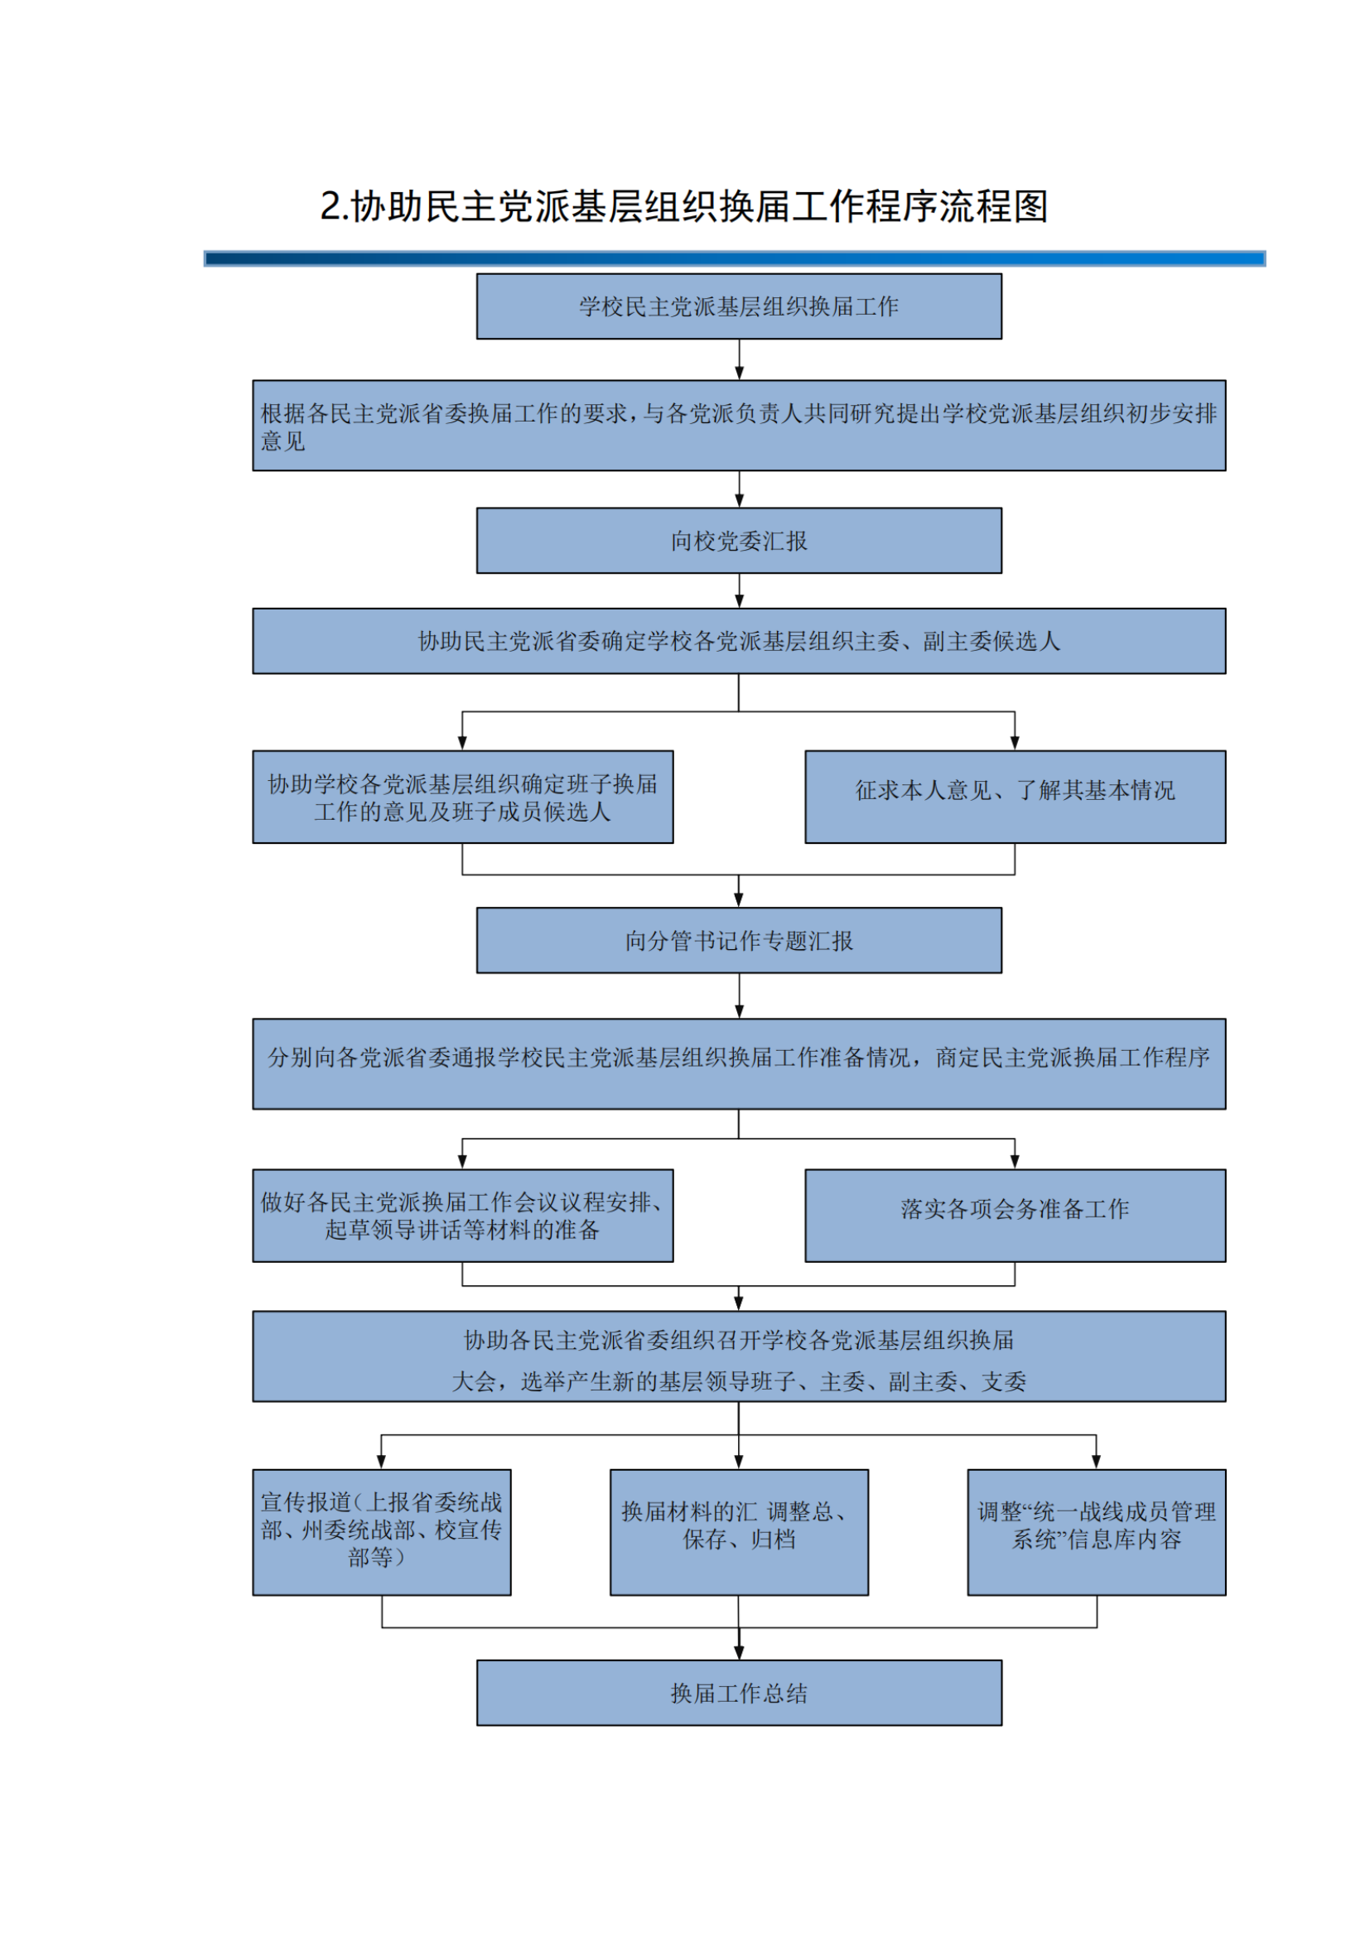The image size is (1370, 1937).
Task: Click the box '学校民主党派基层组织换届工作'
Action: coord(739,306)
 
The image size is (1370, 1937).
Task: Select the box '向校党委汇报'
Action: coord(739,541)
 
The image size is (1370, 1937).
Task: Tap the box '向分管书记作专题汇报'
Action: coord(739,941)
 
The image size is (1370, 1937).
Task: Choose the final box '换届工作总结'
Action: coord(739,1694)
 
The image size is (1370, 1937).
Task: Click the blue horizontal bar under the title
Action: coord(734,258)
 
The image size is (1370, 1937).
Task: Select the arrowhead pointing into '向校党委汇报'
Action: coord(740,501)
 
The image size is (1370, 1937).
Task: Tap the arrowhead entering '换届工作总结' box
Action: coord(739,1653)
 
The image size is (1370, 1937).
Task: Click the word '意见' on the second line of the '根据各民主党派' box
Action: coord(282,441)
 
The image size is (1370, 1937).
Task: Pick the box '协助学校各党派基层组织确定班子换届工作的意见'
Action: coord(462,797)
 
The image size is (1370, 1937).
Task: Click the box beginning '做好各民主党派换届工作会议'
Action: coord(462,1216)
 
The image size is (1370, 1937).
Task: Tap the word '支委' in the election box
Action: coord(1004,1382)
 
